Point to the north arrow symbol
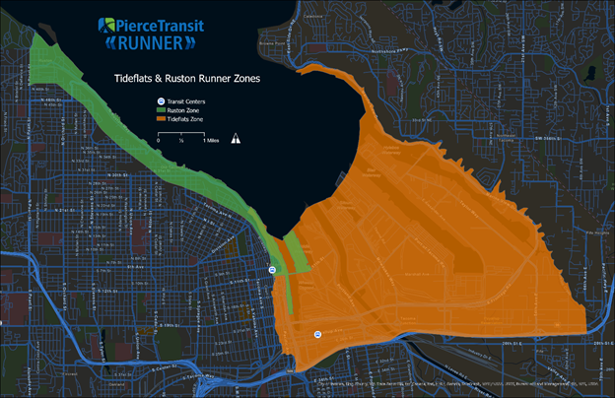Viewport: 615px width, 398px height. pyautogui.click(x=236, y=139)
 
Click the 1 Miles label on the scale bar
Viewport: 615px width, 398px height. pyautogui.click(x=213, y=141)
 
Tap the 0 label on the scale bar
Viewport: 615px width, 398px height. pyautogui.click(x=159, y=141)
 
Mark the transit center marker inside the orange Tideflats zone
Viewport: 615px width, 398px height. pyautogui.click(x=317, y=335)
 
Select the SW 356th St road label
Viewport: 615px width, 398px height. pyautogui.click(x=523, y=141)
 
